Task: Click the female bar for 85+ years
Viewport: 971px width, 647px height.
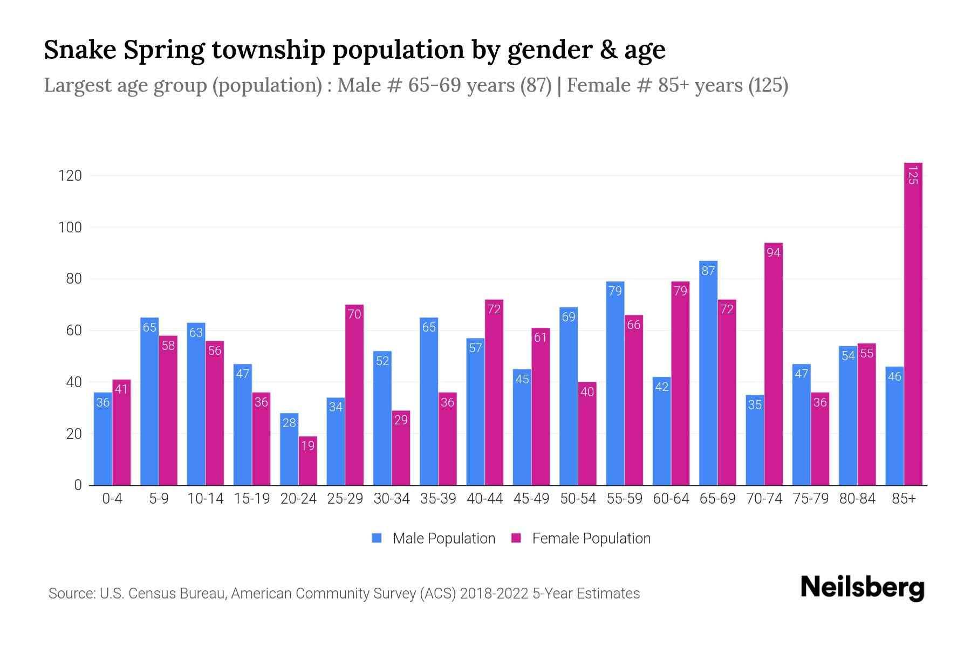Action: tap(913, 323)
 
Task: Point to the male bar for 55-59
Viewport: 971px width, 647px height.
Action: tap(615, 383)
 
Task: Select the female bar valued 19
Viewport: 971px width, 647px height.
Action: tap(308, 461)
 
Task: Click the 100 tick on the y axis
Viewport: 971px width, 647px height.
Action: tap(70, 228)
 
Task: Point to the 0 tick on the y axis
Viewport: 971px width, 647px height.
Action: tap(78, 485)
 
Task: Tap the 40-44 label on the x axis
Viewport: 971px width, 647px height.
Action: tap(484, 499)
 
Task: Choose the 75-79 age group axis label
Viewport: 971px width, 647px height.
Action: tap(810, 499)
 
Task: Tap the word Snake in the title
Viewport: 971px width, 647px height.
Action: tap(80, 50)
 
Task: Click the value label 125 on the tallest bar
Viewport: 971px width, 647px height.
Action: tap(913, 175)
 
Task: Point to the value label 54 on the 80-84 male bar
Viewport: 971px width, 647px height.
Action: tap(848, 356)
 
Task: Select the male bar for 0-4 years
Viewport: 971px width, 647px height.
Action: tap(103, 439)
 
